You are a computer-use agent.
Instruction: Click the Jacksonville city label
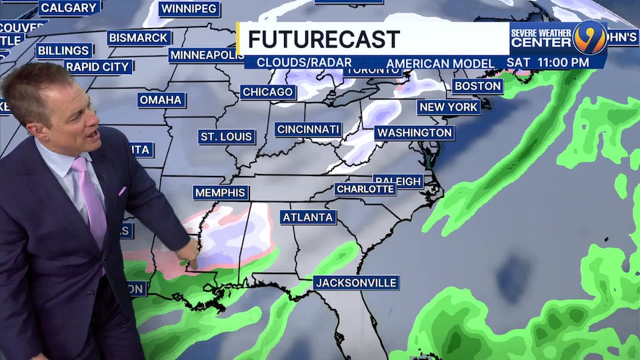tap(356, 283)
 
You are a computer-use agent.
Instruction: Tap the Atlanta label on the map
tap(308, 217)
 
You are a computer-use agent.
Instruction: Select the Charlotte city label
tap(365, 189)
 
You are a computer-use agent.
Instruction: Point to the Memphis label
tap(221, 193)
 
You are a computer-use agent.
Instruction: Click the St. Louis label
tap(227, 137)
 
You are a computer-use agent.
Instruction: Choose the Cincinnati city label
tap(309, 129)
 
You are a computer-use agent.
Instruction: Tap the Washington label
tap(414, 133)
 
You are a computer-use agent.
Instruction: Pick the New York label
tap(449, 107)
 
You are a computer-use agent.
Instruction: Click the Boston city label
tap(477, 86)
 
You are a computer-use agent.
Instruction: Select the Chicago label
tap(268, 92)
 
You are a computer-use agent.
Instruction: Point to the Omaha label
tap(161, 100)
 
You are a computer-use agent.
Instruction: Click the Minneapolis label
tap(206, 55)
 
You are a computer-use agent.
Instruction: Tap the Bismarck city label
tap(139, 37)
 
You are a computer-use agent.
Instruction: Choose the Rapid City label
tap(99, 67)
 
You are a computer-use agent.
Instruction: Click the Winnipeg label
tap(189, 9)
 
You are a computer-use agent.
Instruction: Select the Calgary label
tap(69, 8)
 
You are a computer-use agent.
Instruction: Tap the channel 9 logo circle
tap(591, 37)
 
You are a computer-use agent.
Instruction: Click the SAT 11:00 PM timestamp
tap(547, 63)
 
